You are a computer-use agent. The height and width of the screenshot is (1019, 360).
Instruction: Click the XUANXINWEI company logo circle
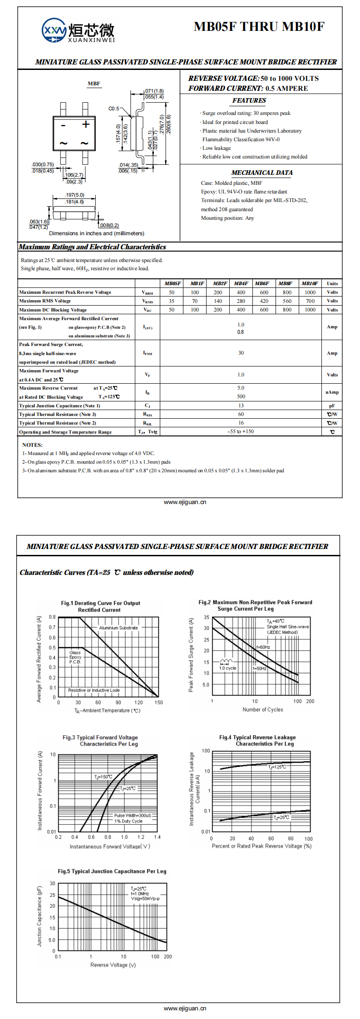[54, 30]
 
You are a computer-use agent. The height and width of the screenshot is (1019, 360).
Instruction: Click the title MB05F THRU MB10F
[259, 27]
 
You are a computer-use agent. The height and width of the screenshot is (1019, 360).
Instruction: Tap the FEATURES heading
[249, 100]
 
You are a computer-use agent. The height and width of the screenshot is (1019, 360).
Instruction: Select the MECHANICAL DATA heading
[262, 173]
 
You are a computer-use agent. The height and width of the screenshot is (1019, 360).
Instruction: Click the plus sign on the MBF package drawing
[86, 124]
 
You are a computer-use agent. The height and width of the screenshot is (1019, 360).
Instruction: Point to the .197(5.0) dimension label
[74, 195]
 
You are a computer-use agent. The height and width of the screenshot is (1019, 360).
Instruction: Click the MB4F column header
[241, 283]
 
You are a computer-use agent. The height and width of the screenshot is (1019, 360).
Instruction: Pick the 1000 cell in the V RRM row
[310, 292]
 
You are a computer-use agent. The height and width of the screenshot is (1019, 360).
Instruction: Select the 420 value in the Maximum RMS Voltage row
[264, 301]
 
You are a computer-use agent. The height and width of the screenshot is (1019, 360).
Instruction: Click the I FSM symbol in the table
[148, 353]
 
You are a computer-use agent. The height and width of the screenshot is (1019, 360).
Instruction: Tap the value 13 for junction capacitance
[241, 406]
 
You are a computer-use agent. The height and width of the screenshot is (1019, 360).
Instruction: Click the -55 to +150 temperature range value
[241, 431]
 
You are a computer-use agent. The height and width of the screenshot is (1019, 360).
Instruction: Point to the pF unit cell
[332, 406]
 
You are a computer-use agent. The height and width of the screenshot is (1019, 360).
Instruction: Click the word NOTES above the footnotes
[32, 445]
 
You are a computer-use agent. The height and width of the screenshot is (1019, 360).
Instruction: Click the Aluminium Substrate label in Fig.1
[118, 628]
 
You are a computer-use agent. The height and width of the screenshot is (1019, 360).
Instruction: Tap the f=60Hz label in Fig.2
[263, 647]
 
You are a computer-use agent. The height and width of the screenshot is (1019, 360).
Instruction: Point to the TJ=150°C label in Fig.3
[104, 777]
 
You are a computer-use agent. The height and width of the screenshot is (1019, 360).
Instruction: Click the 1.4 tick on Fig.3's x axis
[157, 837]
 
